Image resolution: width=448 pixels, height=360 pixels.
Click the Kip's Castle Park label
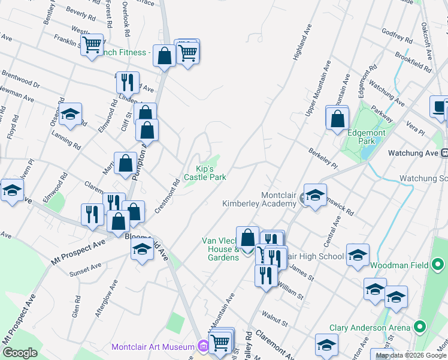[x=205, y=173]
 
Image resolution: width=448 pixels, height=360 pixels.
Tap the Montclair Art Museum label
[x=153, y=347]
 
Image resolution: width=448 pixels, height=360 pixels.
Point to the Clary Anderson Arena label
[x=370, y=328]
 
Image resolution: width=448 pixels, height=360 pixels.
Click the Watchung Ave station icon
[x=444, y=153]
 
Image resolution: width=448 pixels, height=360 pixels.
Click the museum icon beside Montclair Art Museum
[x=203, y=346]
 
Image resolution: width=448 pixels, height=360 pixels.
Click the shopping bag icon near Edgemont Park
[x=338, y=118]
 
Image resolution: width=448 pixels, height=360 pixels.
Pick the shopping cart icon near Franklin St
[x=92, y=44]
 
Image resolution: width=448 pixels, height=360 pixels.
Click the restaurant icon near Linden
[x=127, y=82]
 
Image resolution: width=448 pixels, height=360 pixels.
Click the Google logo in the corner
[x=20, y=353]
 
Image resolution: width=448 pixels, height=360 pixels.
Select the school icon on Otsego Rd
[x=70, y=115]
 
